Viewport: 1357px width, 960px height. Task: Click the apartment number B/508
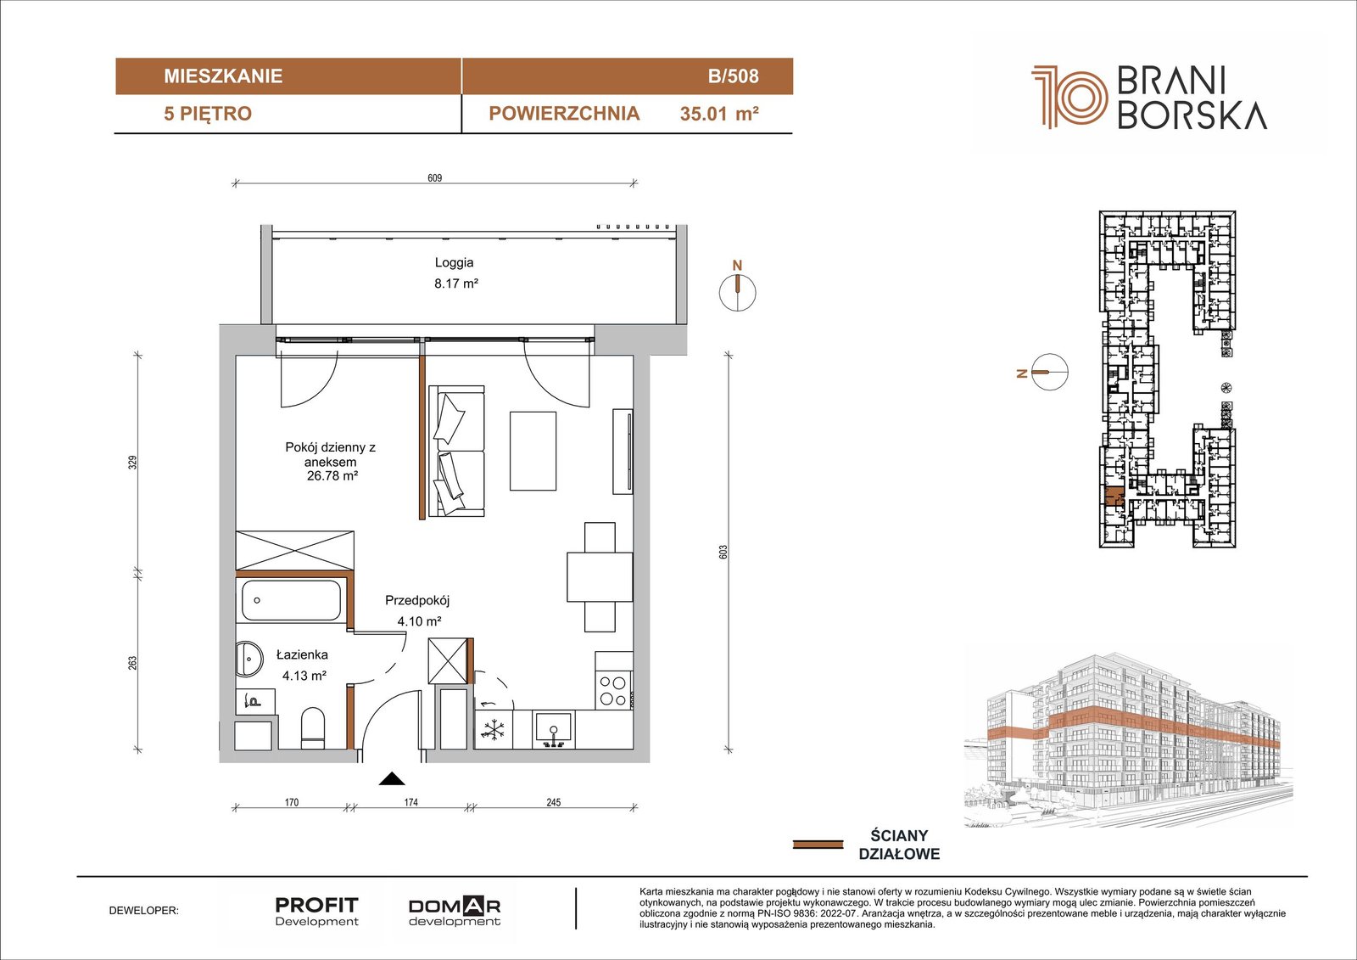[733, 76]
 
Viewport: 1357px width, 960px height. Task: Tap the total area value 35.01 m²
[719, 114]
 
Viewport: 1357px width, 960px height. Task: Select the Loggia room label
[454, 263]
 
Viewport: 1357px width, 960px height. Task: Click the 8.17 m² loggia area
[456, 284]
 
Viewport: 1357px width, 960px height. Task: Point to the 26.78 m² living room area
[332, 476]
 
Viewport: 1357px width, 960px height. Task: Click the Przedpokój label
[417, 601]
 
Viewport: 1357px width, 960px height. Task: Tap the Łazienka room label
[302, 655]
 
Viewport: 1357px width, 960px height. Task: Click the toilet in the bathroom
[313, 727]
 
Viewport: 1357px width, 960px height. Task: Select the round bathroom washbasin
[249, 659]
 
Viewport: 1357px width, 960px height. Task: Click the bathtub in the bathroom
[292, 600]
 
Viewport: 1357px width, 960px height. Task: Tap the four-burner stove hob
[613, 691]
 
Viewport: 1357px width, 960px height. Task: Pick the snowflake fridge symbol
[493, 730]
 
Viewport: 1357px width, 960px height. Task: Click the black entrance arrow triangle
[391, 778]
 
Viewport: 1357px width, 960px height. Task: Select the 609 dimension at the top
[434, 177]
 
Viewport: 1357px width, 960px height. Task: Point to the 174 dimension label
[410, 802]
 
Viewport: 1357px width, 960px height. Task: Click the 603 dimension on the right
[723, 552]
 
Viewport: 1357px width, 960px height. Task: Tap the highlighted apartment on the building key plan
[1113, 497]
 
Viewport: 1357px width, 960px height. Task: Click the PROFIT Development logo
[317, 912]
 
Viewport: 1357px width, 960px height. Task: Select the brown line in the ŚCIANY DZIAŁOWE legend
[818, 844]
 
